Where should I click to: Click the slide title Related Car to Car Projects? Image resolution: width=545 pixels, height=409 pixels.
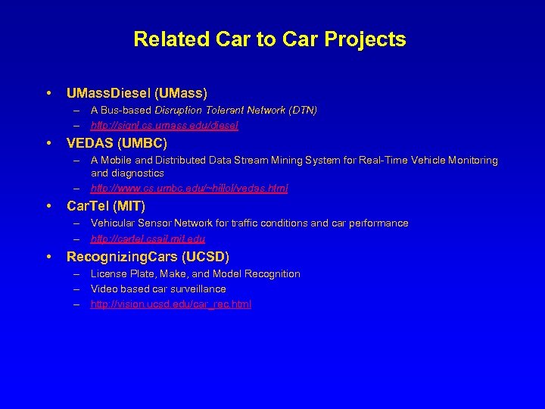click(x=269, y=39)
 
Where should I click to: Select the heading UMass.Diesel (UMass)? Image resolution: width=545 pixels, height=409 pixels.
click(x=136, y=93)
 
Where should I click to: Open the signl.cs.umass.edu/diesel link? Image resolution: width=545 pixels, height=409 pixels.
click(x=164, y=125)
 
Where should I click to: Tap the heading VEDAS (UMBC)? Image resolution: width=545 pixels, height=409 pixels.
click(x=117, y=142)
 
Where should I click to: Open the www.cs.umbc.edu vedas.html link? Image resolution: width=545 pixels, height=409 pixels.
click(x=189, y=188)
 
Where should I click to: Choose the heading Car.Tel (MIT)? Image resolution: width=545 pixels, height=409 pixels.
click(x=106, y=205)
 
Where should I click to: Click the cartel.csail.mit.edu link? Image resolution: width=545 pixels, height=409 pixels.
click(x=148, y=239)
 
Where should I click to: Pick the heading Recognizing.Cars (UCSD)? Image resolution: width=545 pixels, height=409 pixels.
click(x=148, y=256)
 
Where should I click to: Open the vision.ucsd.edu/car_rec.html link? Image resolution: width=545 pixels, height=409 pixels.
click(x=171, y=304)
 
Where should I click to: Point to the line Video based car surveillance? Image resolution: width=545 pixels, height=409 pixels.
click(x=158, y=289)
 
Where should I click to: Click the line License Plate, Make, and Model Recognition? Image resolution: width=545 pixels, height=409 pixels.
click(x=195, y=273)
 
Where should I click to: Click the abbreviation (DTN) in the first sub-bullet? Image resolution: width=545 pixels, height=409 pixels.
click(x=304, y=110)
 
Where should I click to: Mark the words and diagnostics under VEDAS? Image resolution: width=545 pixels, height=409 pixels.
click(x=127, y=173)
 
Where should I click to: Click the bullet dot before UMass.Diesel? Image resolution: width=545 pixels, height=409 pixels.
click(x=48, y=94)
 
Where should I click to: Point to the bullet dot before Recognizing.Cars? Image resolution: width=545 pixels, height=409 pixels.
click(x=48, y=257)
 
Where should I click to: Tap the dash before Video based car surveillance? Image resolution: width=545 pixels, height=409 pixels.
click(x=77, y=289)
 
